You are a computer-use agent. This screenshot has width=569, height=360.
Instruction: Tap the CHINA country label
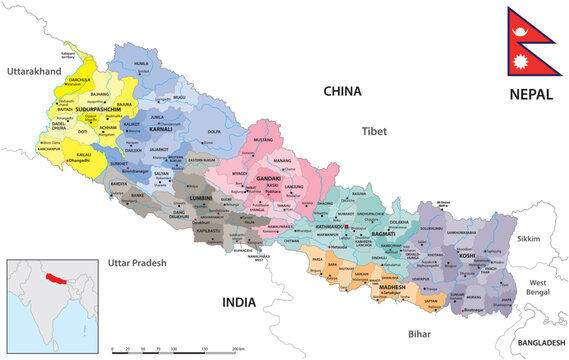pos(341,91)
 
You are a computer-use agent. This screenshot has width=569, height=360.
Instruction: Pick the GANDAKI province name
pos(268,179)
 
